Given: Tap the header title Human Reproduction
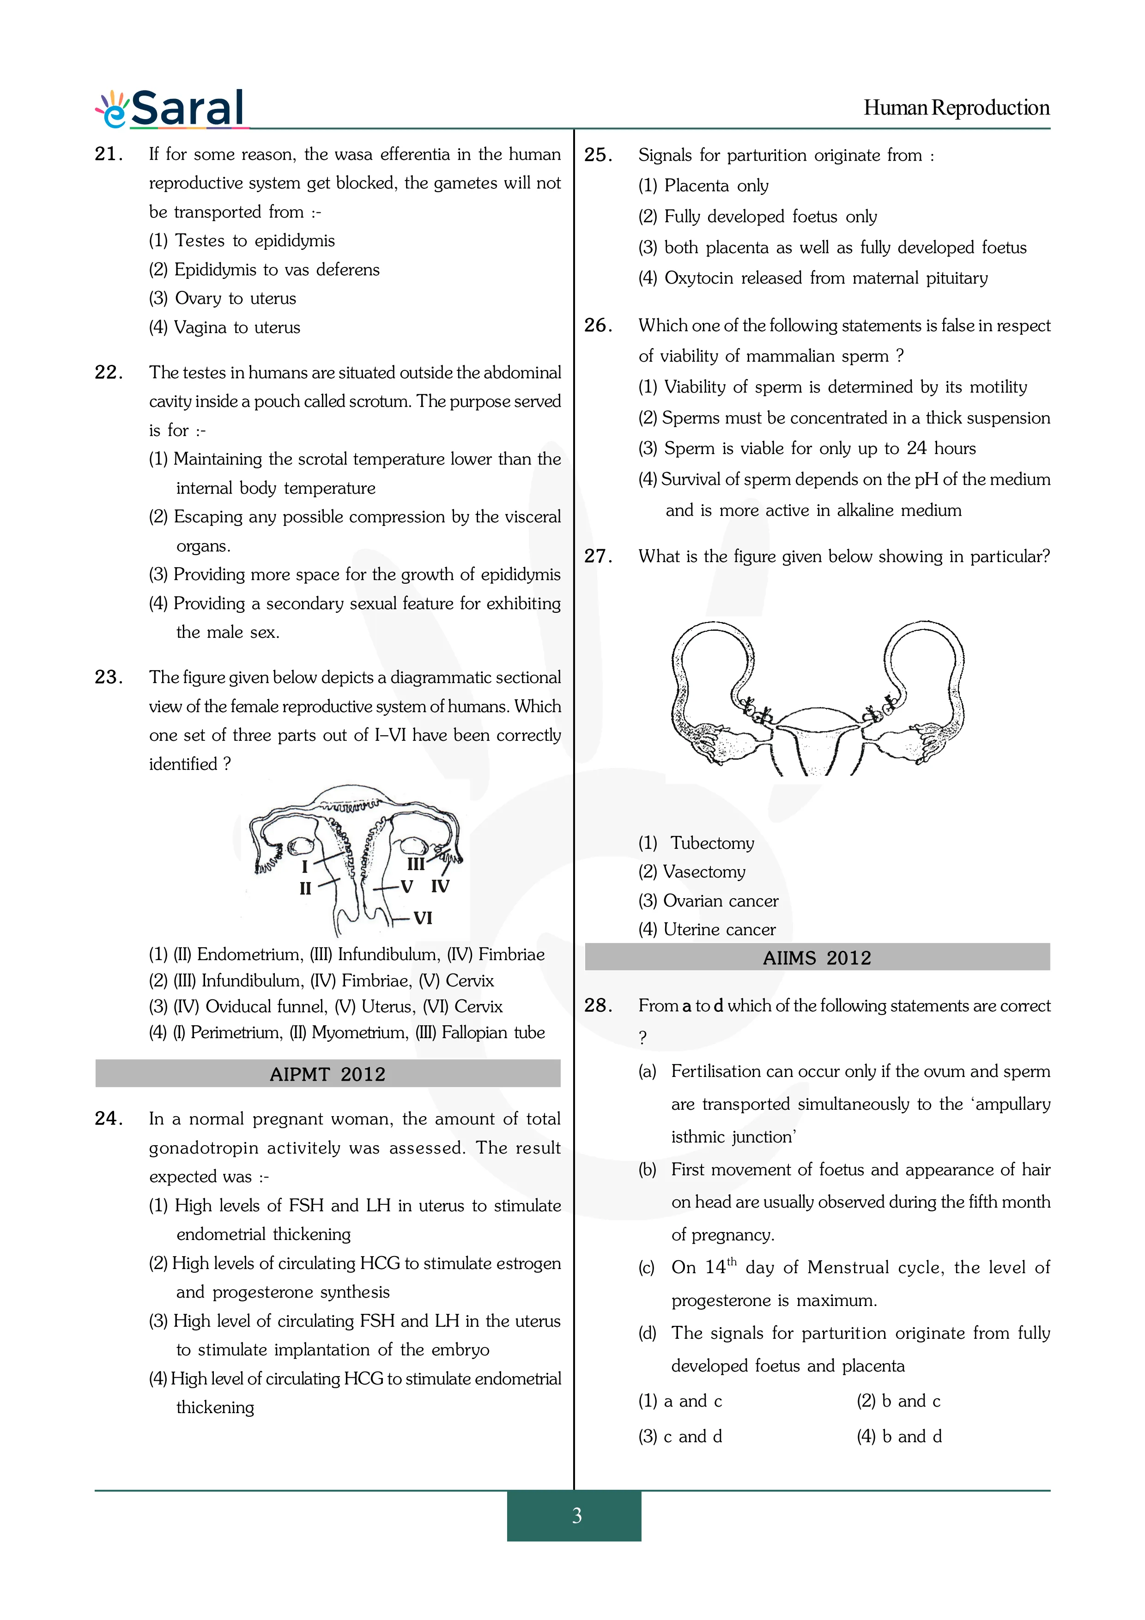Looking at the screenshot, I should point(956,108).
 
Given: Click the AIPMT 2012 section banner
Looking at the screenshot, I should point(327,1074).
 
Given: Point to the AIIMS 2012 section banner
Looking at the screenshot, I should point(817,957).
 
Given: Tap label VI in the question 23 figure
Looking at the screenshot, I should point(423,918).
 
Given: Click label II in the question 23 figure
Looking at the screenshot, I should point(305,889).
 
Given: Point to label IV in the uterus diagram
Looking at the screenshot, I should point(440,886).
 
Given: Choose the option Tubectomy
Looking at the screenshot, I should point(712,843).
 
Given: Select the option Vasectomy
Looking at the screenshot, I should point(704,872).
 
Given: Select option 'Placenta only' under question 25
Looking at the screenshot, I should point(716,186).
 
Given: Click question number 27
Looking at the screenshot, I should point(598,556).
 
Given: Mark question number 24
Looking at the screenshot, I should point(109,1118).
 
